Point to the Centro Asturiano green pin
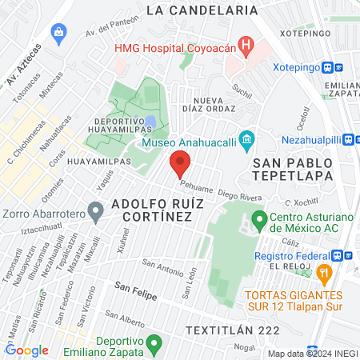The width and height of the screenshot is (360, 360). (259, 218)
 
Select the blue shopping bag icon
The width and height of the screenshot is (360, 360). (58, 33)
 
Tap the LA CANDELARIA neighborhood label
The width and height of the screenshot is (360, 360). (203, 10)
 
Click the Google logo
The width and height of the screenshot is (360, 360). (27, 350)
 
